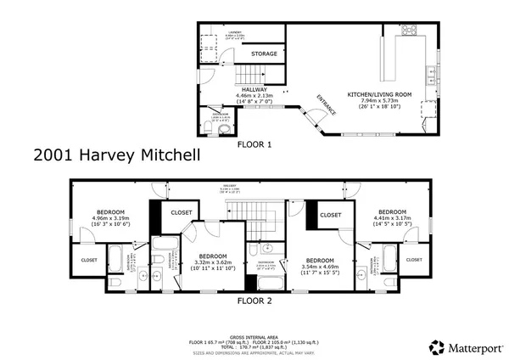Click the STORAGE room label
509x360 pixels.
[x=264, y=53]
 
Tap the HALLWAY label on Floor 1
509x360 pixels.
[x=253, y=89]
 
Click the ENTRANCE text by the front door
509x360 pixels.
[x=326, y=104]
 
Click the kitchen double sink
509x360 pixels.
[x=432, y=77]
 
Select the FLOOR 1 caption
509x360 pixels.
[x=254, y=145]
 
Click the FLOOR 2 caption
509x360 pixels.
[x=254, y=300]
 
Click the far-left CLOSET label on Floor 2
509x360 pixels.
[x=88, y=259]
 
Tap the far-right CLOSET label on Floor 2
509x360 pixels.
[x=413, y=259]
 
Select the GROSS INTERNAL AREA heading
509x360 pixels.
[x=254, y=335]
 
